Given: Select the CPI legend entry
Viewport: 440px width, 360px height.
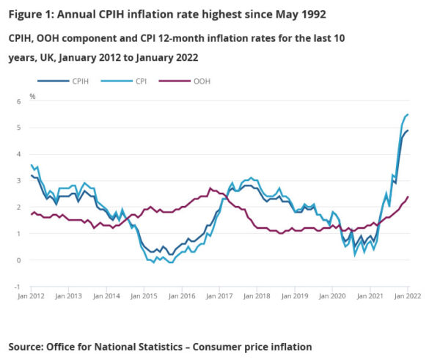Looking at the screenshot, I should pyautogui.click(x=130, y=81).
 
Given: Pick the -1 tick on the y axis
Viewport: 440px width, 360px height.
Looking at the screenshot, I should pyautogui.click(x=21, y=287).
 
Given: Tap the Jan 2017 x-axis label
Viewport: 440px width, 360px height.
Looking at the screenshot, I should pyautogui.click(x=219, y=295).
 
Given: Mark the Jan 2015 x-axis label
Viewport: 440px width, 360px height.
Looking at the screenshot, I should pyautogui.click(x=144, y=295).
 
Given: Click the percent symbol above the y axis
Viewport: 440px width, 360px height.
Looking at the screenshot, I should pyautogui.click(x=32, y=96).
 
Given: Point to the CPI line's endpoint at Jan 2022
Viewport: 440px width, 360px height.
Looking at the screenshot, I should pyautogui.click(x=408, y=114).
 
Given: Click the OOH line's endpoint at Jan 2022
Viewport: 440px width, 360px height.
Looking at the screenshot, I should pyautogui.click(x=408, y=196).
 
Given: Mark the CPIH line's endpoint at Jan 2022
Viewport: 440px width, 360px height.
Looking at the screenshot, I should pyautogui.click(x=408, y=131).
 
